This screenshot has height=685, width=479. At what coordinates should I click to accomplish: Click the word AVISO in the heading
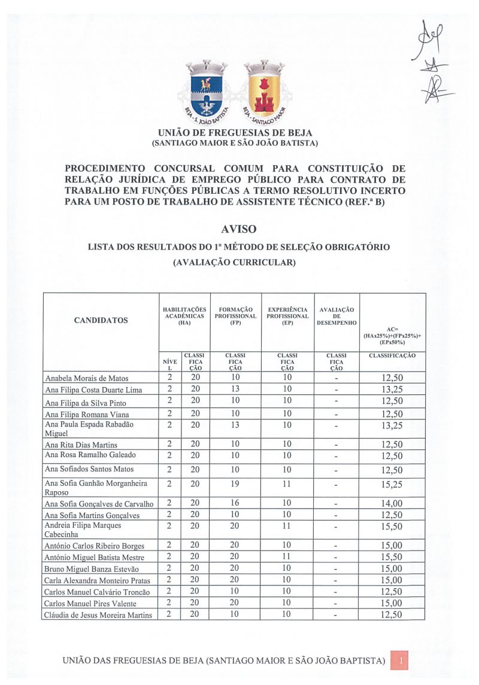coord(239,229)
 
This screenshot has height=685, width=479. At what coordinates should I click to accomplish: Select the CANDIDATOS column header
coord(101,320)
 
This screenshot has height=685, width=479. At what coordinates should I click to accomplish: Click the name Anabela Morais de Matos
coord(87,378)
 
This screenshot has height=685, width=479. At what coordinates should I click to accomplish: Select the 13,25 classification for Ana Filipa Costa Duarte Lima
coord(392,389)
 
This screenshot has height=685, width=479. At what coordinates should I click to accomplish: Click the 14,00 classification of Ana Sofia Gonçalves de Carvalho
coord(392,504)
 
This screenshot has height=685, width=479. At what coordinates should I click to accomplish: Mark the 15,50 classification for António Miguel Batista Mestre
coord(392,557)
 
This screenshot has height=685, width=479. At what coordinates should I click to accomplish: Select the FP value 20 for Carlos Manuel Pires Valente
coord(235,603)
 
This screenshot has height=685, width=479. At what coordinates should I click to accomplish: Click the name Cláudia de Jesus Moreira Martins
coord(99,615)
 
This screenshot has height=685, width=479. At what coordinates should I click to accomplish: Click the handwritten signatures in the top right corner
coord(432,63)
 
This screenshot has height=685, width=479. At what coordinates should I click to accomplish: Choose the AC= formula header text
coord(392,336)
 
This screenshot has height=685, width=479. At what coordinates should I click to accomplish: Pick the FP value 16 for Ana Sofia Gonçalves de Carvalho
coord(235,504)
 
